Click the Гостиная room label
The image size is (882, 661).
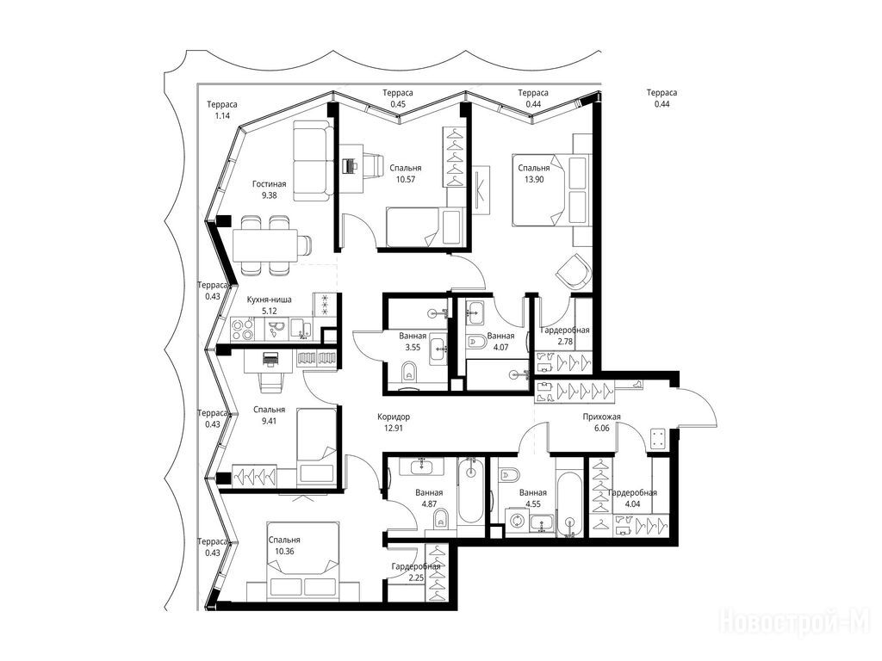[x=269, y=184]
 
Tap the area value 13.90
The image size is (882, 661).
[x=534, y=179]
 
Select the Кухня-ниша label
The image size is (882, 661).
[x=269, y=300]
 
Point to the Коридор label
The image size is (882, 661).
[x=394, y=417]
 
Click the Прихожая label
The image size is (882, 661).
[x=601, y=417]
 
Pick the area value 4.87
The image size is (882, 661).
[x=429, y=504]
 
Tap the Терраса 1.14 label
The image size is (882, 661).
[x=221, y=110]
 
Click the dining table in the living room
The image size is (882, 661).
[x=265, y=244]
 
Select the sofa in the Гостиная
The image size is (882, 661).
[x=312, y=161]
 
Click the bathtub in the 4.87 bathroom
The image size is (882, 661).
[x=470, y=490]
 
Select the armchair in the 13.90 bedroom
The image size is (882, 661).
[x=574, y=272]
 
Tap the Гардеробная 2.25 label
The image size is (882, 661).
[x=416, y=572]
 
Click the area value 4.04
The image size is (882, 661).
[x=632, y=504]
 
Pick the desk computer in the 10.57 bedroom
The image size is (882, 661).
[x=351, y=165]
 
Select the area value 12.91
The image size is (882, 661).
[x=394, y=428]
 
